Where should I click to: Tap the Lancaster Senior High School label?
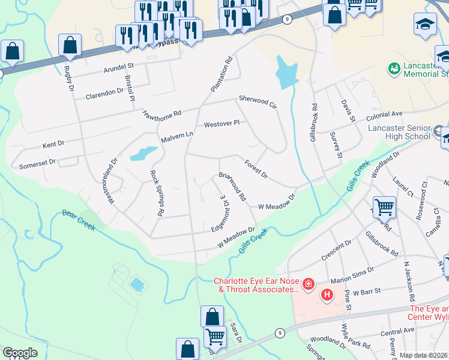(400, 132)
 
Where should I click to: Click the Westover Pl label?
(221, 124)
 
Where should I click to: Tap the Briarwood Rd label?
(232, 187)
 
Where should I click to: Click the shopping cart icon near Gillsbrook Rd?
(384, 208)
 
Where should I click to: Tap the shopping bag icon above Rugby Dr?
(70, 45)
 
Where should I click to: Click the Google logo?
(20, 353)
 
